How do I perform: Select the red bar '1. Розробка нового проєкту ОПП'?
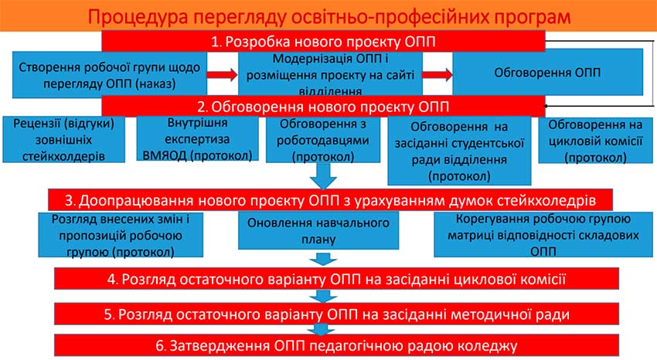324,41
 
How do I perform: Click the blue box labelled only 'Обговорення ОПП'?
548,73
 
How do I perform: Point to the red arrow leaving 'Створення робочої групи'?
222,74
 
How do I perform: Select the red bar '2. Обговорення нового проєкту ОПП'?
324,105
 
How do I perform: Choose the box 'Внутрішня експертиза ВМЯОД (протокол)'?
197,140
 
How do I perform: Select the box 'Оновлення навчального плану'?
318,231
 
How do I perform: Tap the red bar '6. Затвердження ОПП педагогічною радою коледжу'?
337,345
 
